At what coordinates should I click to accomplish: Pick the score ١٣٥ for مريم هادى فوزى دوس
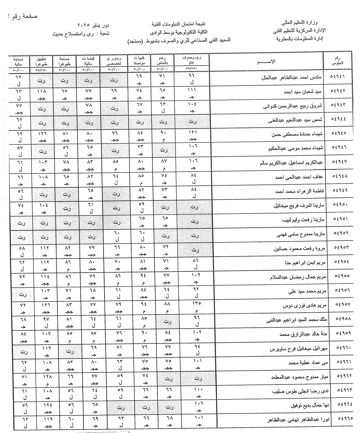coord(196,304)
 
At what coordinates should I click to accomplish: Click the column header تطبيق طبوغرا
coord(42,60)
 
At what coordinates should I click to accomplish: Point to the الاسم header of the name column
coord(267,61)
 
